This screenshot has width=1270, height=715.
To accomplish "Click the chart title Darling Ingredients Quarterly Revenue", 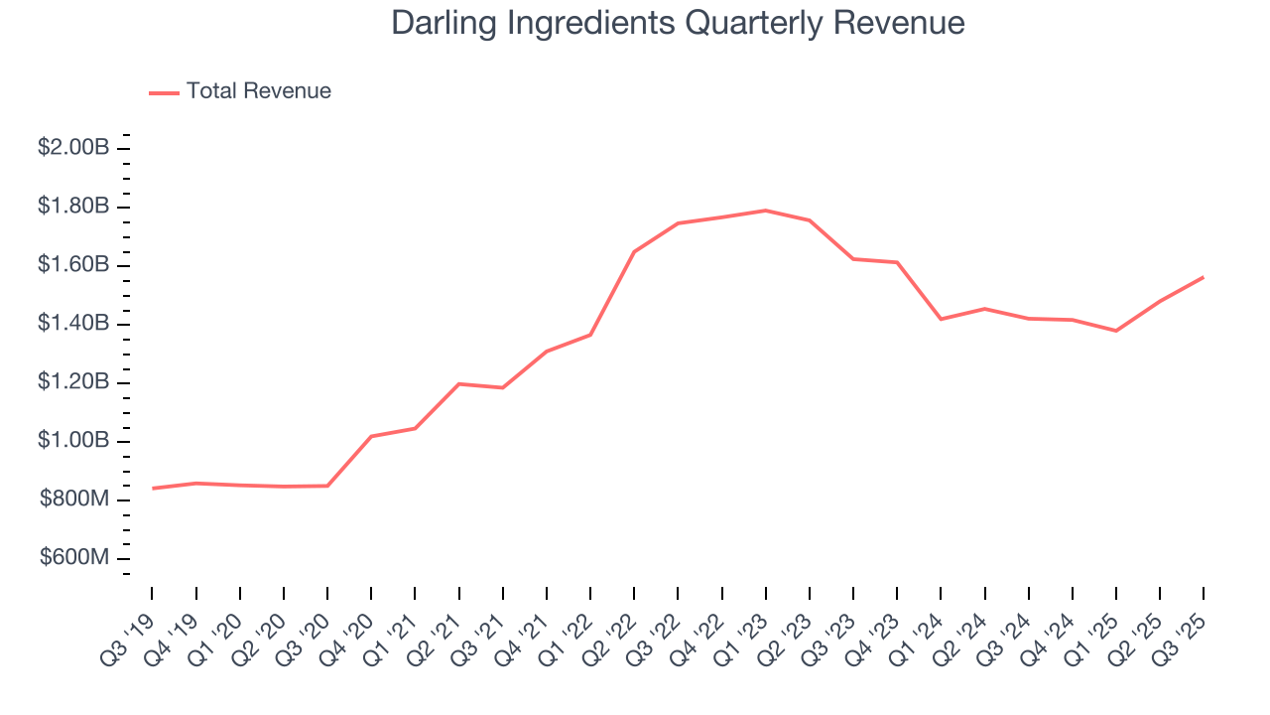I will click(678, 22).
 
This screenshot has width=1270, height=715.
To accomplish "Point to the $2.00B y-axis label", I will click(73, 148).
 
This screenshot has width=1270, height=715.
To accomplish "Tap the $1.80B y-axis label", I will click(73, 207).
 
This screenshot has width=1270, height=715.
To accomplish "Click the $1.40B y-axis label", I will click(73, 324).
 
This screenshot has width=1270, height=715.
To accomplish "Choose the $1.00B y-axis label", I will click(73, 441).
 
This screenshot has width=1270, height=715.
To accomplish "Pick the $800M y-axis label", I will click(74, 500).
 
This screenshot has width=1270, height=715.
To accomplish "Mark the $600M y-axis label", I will click(74, 558).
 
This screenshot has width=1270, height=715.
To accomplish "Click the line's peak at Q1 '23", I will click(766, 211).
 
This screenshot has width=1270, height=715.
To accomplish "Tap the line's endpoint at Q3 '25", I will click(1204, 277).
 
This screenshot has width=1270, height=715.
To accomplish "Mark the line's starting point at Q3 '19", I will click(153, 489).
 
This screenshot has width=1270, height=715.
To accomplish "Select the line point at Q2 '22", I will click(634, 251).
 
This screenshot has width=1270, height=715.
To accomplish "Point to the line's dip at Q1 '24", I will click(941, 319).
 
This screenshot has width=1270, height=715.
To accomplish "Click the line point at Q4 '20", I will click(371, 436).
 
